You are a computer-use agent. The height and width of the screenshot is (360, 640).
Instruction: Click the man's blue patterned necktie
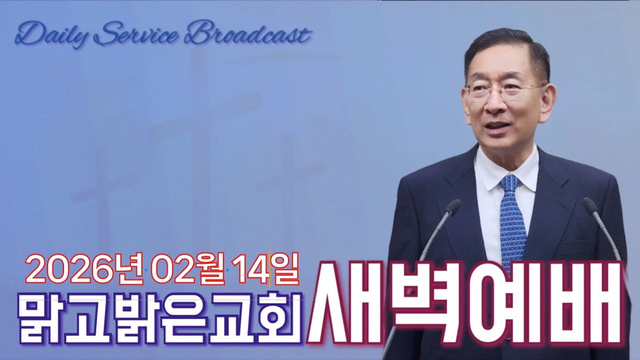512,220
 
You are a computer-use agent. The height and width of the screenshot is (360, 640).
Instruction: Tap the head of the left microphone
453,206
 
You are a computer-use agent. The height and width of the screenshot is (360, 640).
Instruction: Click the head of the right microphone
590,205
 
